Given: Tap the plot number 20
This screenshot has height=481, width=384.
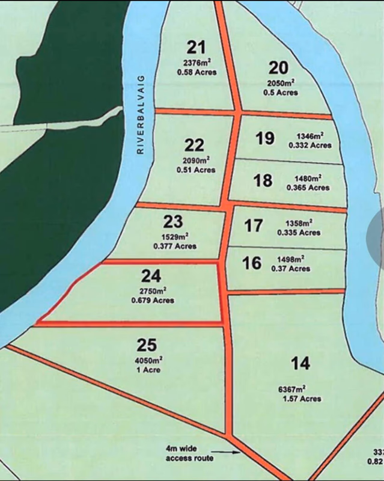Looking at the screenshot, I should (x=279, y=67).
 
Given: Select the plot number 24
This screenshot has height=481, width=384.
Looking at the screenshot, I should (x=151, y=276).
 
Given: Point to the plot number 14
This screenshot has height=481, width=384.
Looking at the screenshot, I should (x=300, y=363).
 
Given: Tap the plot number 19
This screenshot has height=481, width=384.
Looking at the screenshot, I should (x=264, y=139).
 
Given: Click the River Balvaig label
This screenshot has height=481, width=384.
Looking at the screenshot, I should (x=141, y=120).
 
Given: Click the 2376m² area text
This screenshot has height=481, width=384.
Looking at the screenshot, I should (x=197, y=63).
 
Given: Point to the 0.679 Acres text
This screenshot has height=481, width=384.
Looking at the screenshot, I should (x=153, y=300).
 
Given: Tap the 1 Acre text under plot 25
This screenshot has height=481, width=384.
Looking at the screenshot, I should (x=148, y=370).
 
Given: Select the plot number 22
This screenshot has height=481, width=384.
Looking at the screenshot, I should (x=194, y=145).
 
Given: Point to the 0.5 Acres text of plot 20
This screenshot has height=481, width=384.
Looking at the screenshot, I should (x=280, y=93).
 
